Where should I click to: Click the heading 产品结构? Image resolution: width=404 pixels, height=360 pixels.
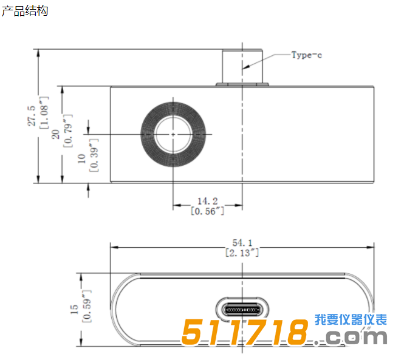coord(24,11)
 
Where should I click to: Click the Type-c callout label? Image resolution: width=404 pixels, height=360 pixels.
coord(306,55)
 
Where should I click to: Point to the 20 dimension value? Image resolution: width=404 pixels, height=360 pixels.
coord(56,134)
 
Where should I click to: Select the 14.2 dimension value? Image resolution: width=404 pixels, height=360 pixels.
coord(207,201)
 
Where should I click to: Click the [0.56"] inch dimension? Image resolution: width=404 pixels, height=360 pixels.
coord(207,211)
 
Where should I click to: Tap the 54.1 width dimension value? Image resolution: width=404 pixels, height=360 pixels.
coord(242,242)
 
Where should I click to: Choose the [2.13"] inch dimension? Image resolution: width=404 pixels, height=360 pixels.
coord(242,253)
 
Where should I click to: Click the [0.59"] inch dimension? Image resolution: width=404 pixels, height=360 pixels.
coord(86,310)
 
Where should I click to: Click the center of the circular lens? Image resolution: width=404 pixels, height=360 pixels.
coord(173,134)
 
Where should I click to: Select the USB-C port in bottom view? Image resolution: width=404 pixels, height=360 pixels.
coord(242,310)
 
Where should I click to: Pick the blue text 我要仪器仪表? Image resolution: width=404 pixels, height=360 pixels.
coord(351,320)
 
